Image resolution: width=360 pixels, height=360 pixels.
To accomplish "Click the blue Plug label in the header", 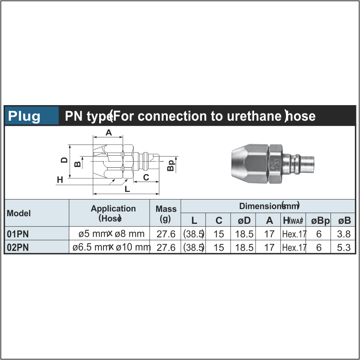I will click(25, 116).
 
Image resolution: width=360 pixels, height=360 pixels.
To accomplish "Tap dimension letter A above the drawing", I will click(108, 133).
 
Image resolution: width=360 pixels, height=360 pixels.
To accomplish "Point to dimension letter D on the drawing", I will click(64, 160).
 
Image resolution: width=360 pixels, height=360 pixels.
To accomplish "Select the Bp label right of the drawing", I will click(171, 165).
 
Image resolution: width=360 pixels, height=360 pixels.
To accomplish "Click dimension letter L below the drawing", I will click(127, 190).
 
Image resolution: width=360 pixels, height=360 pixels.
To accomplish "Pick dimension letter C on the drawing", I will click(146, 178).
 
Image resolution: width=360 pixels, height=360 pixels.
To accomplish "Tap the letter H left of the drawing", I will click(60, 180).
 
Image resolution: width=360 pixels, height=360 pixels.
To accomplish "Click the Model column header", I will click(19, 213).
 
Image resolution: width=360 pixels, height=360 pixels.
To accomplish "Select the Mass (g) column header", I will click(166, 213).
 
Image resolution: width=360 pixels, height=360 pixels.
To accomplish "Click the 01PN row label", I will click(18, 234).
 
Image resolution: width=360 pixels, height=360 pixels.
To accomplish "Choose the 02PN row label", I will click(18, 248).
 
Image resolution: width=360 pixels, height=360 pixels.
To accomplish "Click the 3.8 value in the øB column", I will click(343, 234).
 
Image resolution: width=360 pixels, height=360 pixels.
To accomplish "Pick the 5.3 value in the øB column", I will click(343, 248).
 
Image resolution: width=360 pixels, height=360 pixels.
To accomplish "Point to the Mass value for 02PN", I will click(166, 248).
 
